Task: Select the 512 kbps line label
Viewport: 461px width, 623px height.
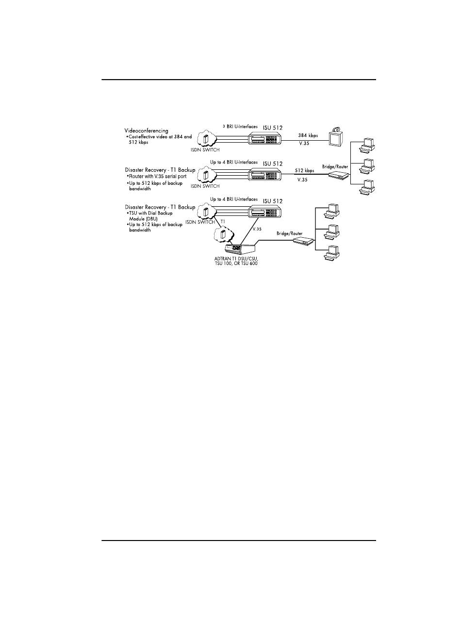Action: [305, 170]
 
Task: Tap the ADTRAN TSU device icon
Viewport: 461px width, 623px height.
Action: [238, 249]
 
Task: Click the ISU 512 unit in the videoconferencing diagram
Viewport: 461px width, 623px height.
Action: [265, 139]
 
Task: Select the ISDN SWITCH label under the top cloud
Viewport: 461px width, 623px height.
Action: [205, 150]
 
